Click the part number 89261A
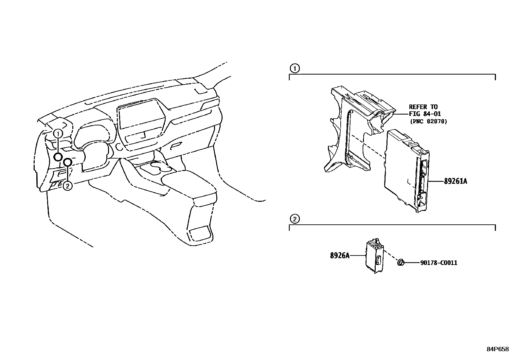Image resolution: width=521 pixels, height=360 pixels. coord(455,181)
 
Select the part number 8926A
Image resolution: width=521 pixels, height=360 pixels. coord(340,256)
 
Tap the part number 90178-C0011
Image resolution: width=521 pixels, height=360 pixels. coord(439,263)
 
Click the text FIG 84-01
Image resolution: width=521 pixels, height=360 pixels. coord(425,114)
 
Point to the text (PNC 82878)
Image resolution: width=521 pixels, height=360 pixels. coord(428,121)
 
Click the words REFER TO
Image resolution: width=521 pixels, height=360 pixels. coord(423,107)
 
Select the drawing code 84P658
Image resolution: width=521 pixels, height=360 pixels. coord(497,349)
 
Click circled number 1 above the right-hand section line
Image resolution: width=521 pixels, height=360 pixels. coord(295,68)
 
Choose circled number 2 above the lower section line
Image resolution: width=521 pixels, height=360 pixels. coord(295,219)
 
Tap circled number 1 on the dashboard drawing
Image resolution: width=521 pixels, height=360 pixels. coord(58,134)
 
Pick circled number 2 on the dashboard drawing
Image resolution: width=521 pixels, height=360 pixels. coord(67,186)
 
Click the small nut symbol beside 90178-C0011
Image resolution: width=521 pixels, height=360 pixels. coord(400,262)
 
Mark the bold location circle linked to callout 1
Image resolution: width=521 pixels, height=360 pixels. coord(58,157)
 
